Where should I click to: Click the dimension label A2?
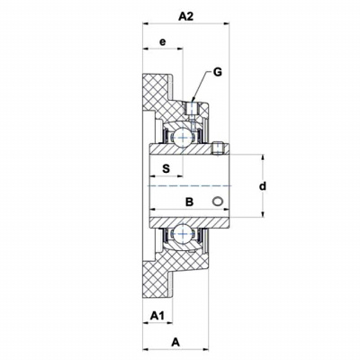185,16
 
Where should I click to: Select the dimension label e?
162,41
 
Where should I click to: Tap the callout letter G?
218,72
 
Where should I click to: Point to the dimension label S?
166,168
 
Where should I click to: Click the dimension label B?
189,202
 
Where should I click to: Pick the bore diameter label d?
263,186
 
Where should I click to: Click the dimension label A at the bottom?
175,342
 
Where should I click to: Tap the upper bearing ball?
183,138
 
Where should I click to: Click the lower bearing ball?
183,234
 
